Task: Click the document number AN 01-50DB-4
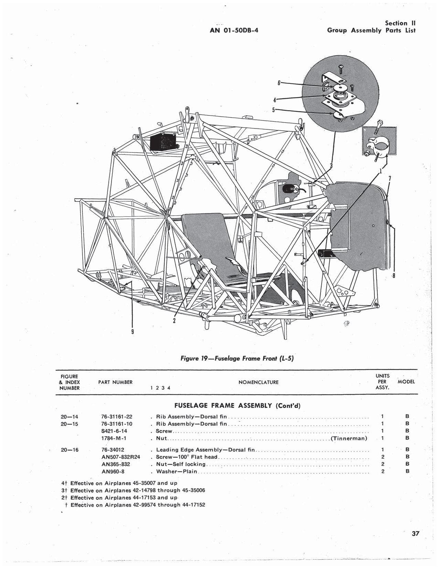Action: [x=234, y=30]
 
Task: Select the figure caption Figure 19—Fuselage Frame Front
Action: [x=237, y=358]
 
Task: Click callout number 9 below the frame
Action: [x=133, y=332]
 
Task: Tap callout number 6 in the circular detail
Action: [x=279, y=83]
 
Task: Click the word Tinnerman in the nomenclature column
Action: [x=348, y=438]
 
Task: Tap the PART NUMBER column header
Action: [x=115, y=382]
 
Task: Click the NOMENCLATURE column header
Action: [x=258, y=382]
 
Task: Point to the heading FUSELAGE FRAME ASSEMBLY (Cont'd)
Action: [x=237, y=406]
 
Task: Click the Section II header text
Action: [x=400, y=23]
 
